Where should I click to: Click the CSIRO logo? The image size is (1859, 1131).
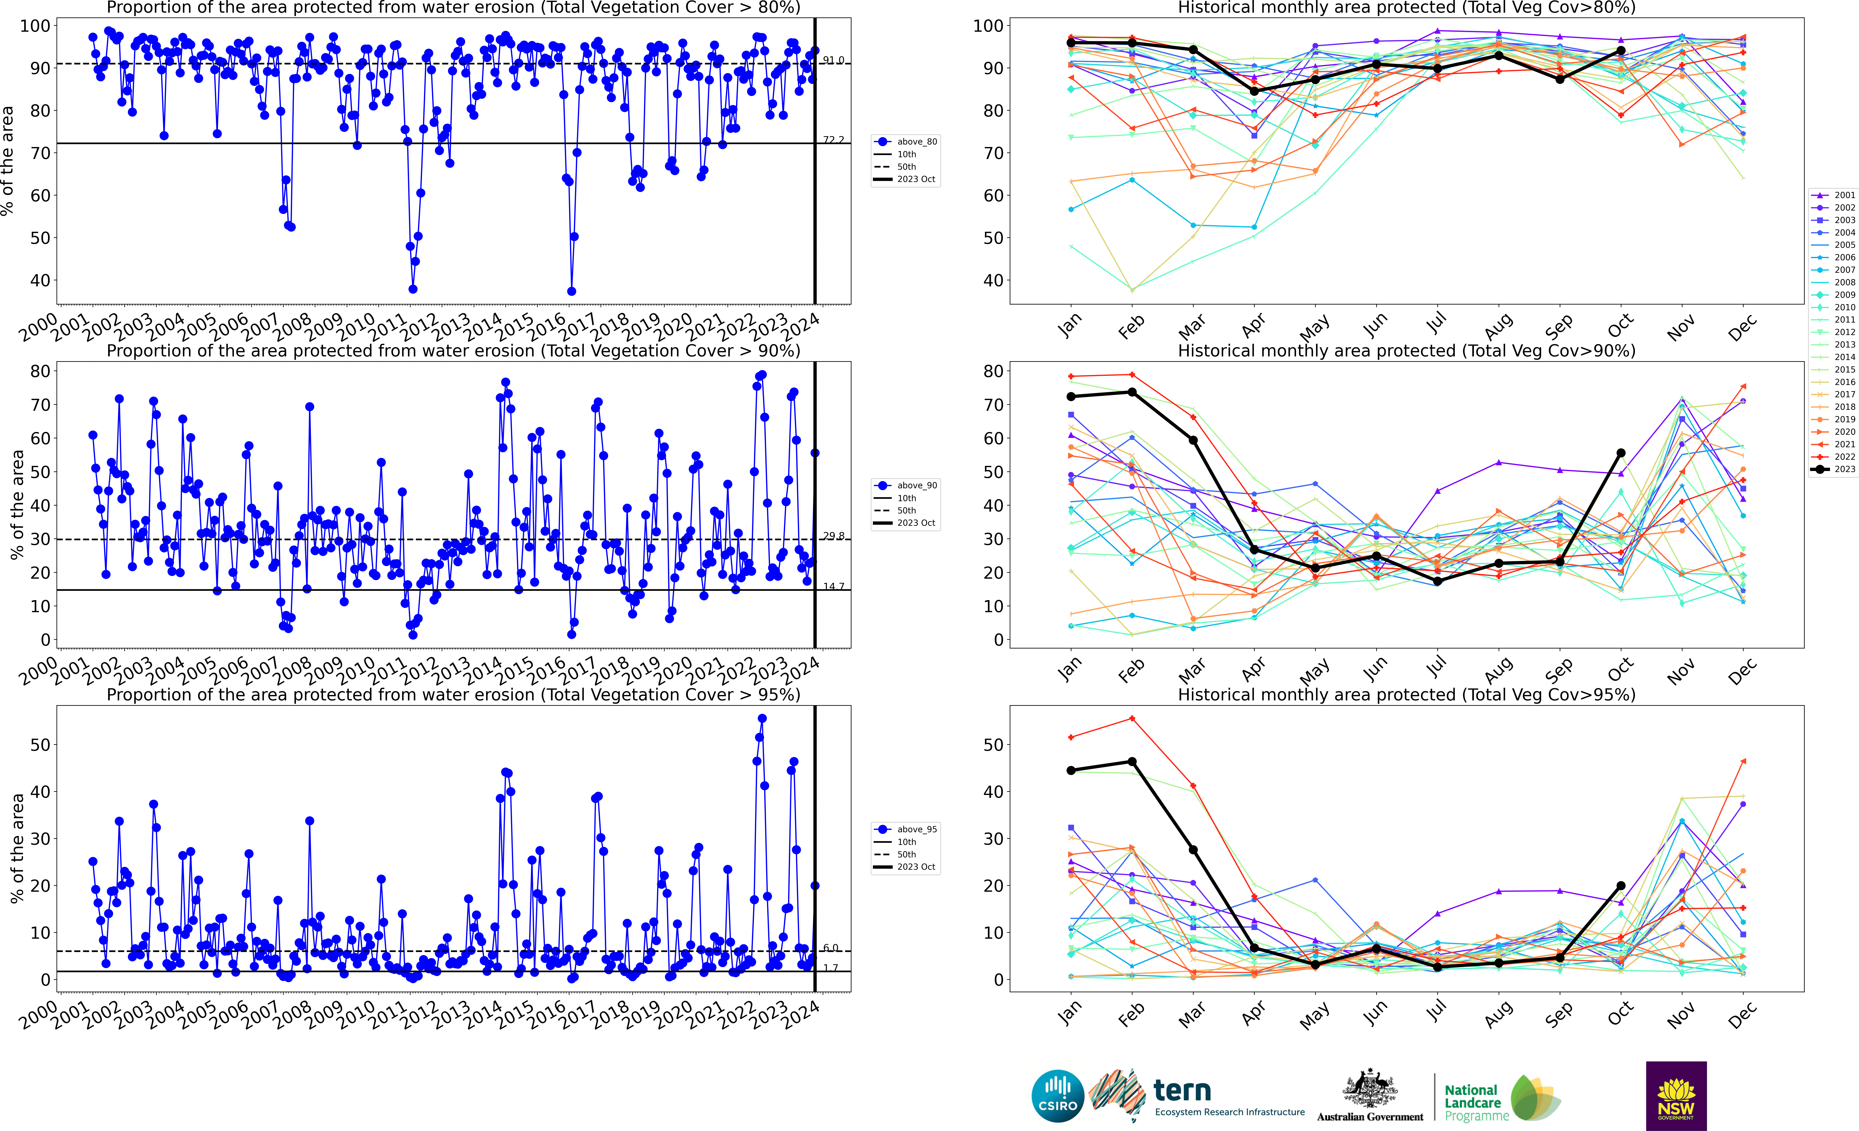1058,1096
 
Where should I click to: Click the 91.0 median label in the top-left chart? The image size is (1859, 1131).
833,60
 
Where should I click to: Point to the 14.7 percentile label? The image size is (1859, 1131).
833,587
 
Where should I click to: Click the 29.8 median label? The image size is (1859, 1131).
833,536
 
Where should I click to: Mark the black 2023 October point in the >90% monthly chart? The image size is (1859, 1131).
1621,453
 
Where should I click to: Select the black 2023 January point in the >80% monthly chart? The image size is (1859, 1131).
1071,43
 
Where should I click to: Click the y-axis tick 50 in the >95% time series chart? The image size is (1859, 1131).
39,745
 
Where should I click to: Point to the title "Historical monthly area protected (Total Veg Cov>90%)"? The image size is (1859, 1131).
1406,351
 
